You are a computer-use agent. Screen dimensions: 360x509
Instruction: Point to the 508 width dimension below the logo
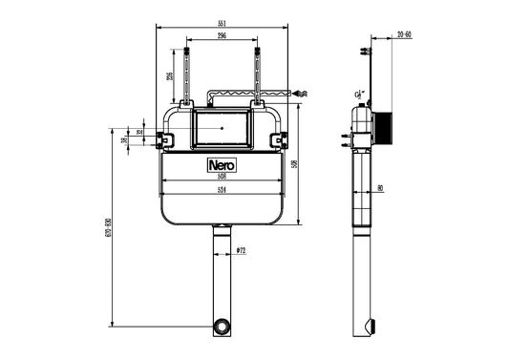tap(222, 176)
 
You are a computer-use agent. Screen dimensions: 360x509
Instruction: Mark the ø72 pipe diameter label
tap(241, 250)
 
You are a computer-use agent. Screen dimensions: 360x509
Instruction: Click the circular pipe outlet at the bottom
tap(222, 327)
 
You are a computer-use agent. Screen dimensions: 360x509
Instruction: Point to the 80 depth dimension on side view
tap(380, 188)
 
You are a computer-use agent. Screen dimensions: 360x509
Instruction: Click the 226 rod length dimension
tap(171, 77)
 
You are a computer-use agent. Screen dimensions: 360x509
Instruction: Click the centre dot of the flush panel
tap(222, 125)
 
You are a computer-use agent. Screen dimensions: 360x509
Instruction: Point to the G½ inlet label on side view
tap(357, 95)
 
